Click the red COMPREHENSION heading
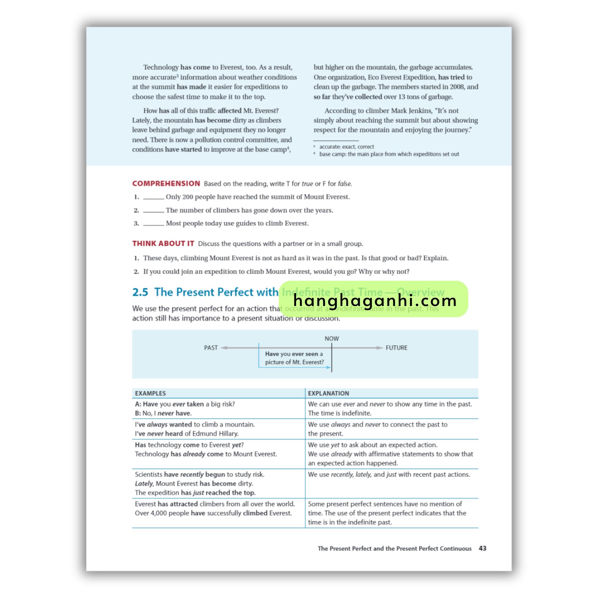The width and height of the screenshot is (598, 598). [x=166, y=184]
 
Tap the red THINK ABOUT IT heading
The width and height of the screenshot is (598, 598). [x=163, y=244]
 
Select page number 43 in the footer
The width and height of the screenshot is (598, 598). [x=483, y=548]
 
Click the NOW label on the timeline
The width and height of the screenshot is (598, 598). [x=331, y=339]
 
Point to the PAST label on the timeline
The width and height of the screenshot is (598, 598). [x=211, y=347]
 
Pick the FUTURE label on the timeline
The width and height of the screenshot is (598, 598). [x=396, y=347]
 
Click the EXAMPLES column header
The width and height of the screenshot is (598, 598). [x=150, y=393]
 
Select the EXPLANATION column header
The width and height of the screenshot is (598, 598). [x=328, y=393]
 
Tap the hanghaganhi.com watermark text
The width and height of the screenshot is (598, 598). [x=375, y=300]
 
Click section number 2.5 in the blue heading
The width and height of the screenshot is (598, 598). [x=140, y=292]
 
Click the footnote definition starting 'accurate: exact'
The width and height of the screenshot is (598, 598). [x=346, y=147]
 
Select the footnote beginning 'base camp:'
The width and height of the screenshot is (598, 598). [x=389, y=154]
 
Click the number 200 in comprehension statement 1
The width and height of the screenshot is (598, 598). [x=187, y=197]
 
